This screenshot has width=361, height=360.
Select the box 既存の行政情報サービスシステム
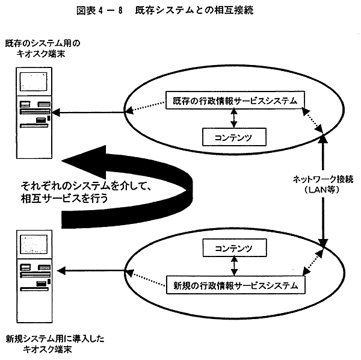231,101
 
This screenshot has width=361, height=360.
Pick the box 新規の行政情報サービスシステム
231,285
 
